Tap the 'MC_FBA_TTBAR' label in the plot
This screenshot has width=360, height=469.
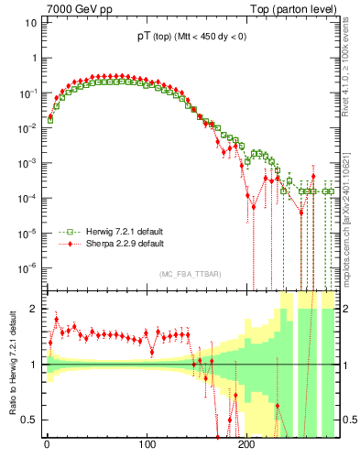pyautogui.click(x=189, y=275)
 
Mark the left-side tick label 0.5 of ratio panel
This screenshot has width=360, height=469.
pyautogui.click(x=30, y=420)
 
